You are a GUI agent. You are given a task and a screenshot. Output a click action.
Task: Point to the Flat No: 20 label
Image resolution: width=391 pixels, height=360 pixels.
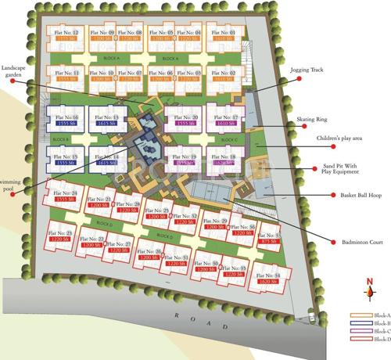[x=185, y=117]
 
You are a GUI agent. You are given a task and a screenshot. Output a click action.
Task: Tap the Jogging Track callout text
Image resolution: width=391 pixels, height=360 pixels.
[x=306, y=70]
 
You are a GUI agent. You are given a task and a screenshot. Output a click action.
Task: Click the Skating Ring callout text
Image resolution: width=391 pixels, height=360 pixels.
[x=311, y=121]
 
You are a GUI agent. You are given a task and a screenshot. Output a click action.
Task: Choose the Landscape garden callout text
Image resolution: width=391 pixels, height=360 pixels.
[x=19, y=71]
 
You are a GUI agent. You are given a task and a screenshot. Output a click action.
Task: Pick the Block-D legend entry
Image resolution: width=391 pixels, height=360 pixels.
[x=371, y=339]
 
